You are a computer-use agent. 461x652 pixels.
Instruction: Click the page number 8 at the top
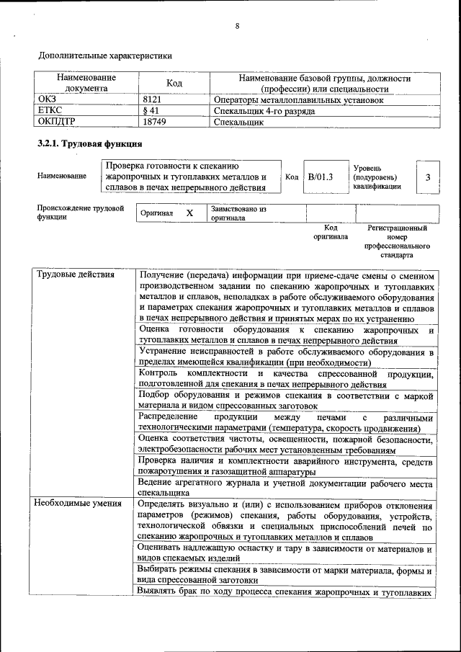coord(236,27)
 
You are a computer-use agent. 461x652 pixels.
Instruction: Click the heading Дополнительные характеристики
coord(104,55)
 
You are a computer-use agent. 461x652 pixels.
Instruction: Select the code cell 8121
coord(152,100)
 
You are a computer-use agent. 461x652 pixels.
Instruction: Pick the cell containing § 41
coord(151,111)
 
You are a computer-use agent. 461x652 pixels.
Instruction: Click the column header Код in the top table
coord(174,83)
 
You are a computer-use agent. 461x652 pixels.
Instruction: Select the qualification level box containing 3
coord(428,177)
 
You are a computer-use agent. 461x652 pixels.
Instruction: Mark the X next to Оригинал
coord(189,213)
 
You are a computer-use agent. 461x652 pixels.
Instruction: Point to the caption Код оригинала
coord(331,231)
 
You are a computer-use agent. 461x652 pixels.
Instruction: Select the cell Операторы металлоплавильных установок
coord(298,100)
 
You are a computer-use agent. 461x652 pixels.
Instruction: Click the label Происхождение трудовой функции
coord(80,212)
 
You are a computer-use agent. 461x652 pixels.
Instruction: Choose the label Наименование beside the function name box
coord(62,176)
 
